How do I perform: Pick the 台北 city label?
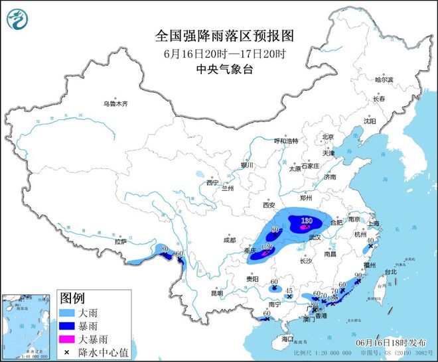(x=390, y=271)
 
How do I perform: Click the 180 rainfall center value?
(x=307, y=221)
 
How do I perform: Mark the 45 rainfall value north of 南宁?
(x=289, y=290)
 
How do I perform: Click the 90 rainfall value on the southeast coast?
(x=358, y=274)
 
